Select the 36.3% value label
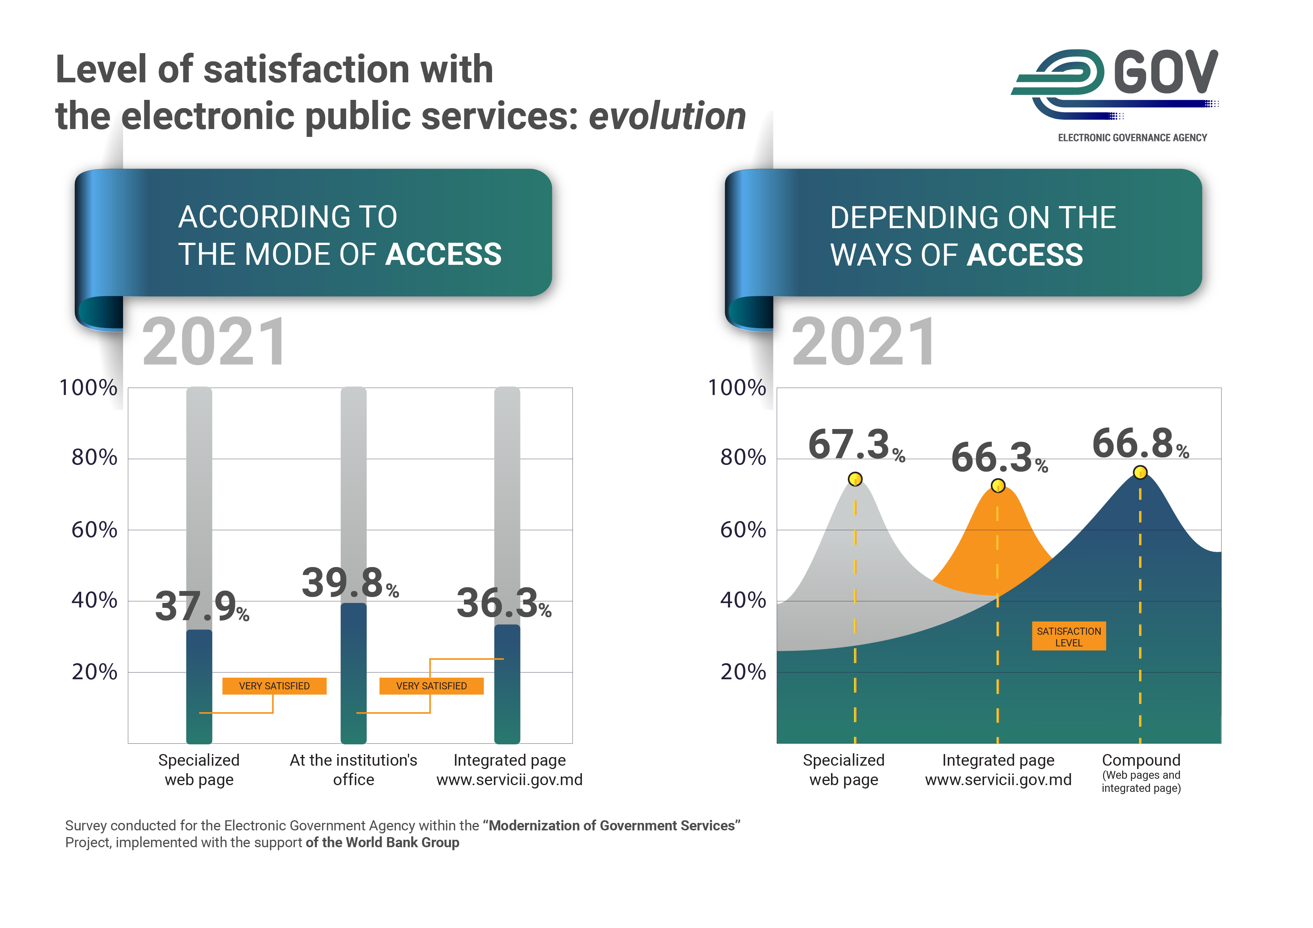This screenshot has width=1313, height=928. (503, 603)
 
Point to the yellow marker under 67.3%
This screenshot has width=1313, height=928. (855, 478)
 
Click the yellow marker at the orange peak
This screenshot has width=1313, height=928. (998, 486)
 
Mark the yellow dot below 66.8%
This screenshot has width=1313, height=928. (1140, 472)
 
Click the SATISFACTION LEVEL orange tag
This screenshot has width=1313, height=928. (1068, 636)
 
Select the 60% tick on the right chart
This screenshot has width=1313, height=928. (742, 530)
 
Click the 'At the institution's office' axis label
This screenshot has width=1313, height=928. (353, 770)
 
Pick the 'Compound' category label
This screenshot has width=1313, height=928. (1141, 760)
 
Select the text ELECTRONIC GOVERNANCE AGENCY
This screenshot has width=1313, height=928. (1132, 138)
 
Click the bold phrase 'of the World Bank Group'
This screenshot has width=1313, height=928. (382, 843)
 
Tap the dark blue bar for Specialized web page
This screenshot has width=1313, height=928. (199, 686)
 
